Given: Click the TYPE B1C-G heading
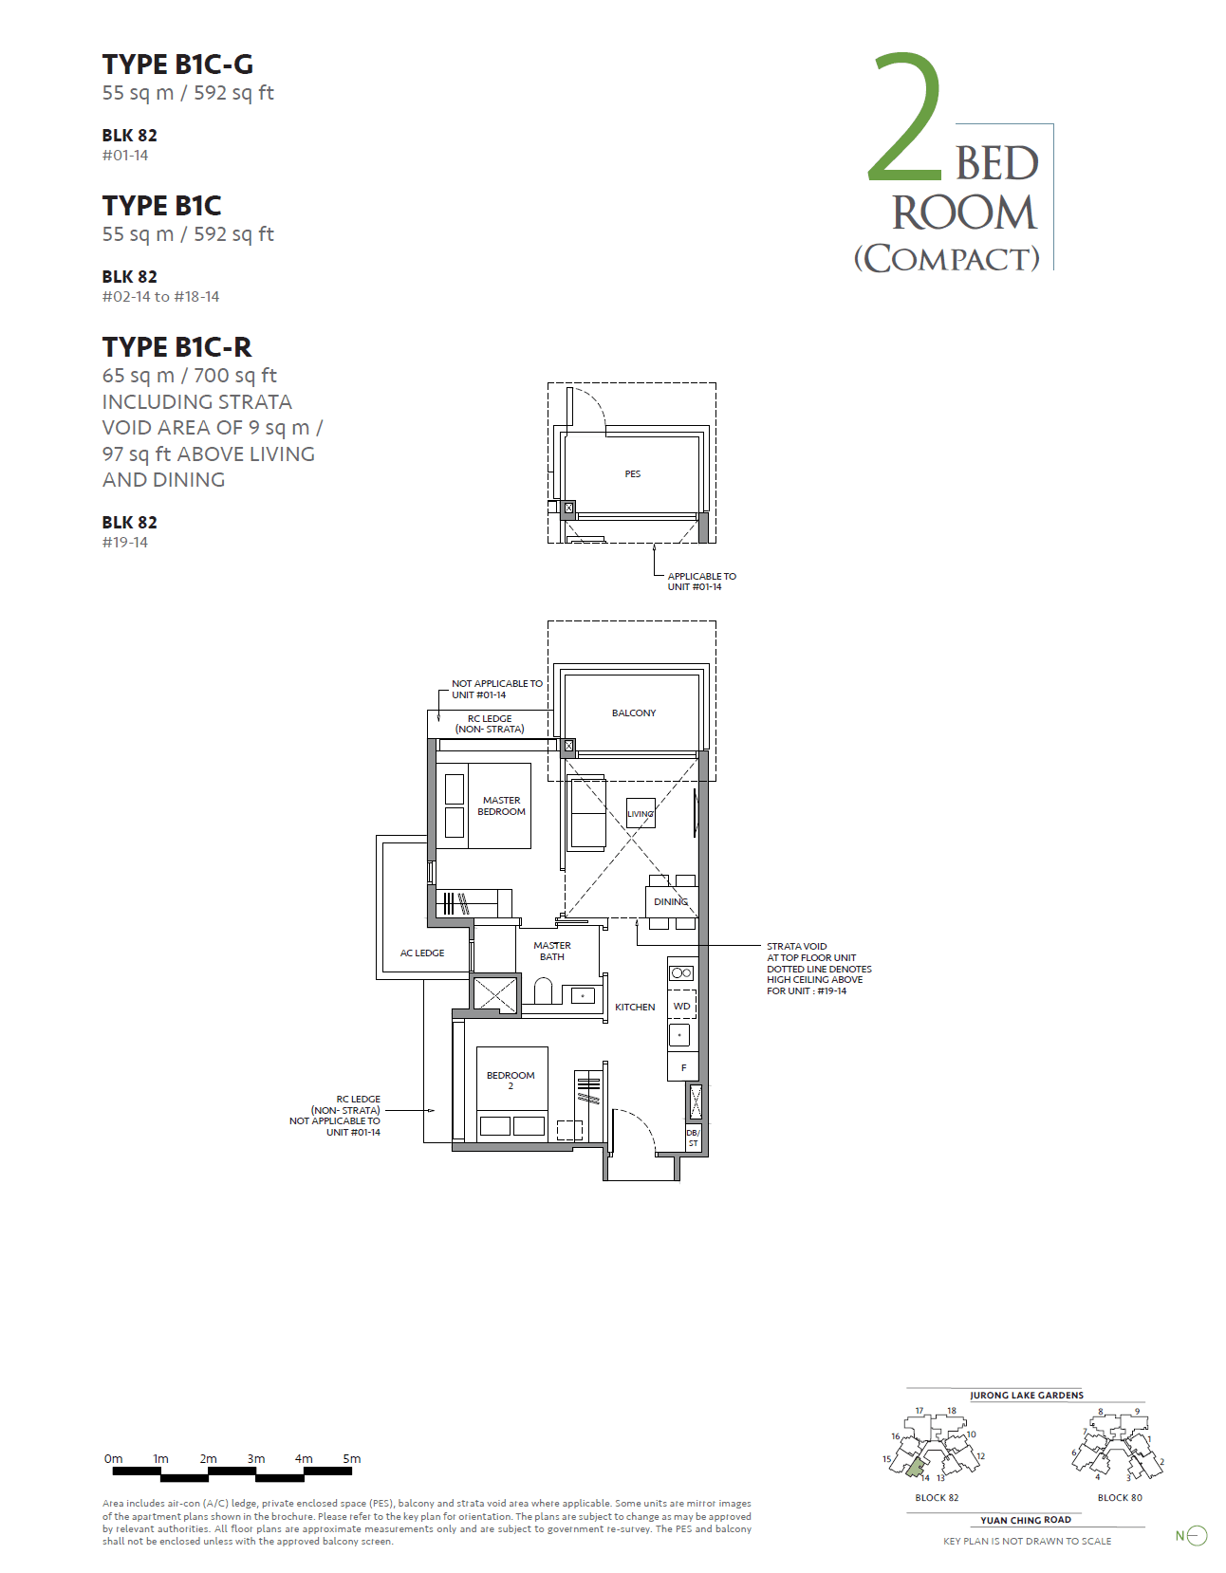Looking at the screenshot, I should [x=177, y=65].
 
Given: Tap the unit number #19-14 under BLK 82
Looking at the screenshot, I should [x=125, y=543].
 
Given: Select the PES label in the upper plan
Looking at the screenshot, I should [x=632, y=473].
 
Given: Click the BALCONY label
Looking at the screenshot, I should [x=633, y=712].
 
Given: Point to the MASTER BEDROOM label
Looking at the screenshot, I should [x=501, y=805].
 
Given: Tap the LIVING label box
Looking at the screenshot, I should [x=641, y=814].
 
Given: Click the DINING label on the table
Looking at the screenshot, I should [x=670, y=901].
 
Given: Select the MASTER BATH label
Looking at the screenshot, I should [x=552, y=951].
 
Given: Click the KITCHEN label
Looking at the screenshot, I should [x=635, y=1007].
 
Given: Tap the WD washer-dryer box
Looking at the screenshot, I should [x=681, y=1006].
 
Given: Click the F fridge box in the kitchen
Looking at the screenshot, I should [x=683, y=1067].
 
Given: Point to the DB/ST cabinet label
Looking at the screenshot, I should [x=693, y=1138].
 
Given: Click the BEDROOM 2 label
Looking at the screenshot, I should [x=511, y=1080].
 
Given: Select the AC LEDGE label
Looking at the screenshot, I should [x=422, y=953].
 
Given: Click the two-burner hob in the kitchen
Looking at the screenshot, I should [x=681, y=972].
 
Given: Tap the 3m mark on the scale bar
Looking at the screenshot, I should [x=256, y=1459].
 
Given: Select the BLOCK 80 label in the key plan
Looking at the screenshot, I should [x=1120, y=1497].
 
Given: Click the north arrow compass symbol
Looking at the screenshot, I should [x=1197, y=1535].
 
